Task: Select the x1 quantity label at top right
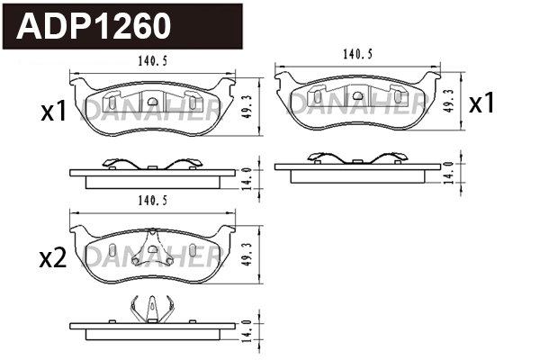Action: [482, 103]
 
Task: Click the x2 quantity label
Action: [53, 259]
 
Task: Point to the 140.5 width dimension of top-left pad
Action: [148, 62]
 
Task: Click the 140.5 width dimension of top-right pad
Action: [357, 53]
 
